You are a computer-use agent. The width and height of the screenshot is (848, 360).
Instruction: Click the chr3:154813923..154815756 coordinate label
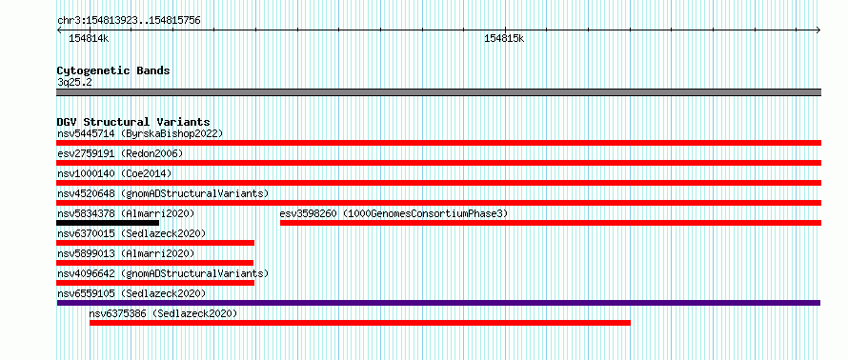click(x=129, y=21)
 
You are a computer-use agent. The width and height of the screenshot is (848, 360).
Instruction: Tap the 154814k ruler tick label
click(x=89, y=39)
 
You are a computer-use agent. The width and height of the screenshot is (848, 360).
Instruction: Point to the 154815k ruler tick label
click(x=504, y=39)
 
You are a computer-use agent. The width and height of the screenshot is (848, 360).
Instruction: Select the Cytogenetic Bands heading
click(x=113, y=70)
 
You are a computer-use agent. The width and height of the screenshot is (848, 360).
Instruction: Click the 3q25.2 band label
click(x=74, y=82)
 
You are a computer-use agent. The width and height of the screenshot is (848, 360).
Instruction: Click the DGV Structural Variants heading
click(x=133, y=122)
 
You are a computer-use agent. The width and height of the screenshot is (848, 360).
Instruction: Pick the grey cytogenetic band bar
click(x=439, y=92)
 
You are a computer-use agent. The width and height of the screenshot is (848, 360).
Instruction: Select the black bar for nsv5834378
click(x=108, y=223)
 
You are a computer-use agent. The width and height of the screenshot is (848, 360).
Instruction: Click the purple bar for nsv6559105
click(x=438, y=303)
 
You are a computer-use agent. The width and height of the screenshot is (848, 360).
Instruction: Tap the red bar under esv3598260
click(x=551, y=223)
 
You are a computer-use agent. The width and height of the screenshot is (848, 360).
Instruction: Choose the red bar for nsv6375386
click(x=360, y=323)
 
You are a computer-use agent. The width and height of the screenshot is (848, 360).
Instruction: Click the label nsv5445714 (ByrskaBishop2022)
click(x=140, y=133)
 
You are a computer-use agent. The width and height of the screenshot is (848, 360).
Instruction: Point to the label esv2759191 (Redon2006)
click(x=120, y=153)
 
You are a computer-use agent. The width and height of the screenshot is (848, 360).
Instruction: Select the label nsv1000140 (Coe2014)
click(x=114, y=173)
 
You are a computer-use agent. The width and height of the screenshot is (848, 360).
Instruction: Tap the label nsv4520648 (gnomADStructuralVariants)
click(x=163, y=193)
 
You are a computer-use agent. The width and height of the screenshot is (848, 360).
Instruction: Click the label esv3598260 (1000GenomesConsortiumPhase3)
click(x=394, y=213)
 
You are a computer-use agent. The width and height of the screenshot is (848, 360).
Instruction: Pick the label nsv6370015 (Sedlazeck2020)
click(x=131, y=233)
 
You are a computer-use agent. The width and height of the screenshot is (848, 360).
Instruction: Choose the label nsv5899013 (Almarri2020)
click(x=126, y=253)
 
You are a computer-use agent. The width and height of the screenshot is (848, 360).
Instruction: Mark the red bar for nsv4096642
click(x=155, y=283)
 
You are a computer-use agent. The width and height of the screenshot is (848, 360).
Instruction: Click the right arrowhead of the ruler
click(x=818, y=30)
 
